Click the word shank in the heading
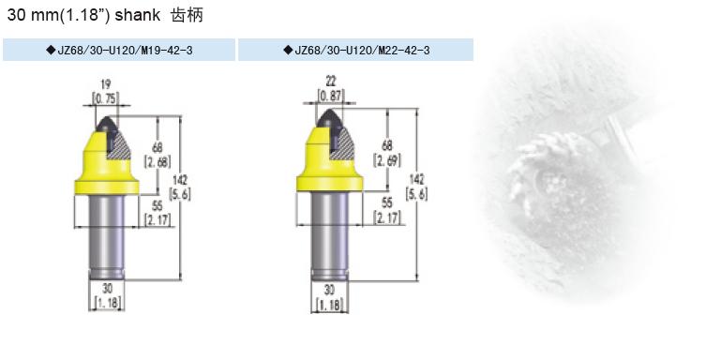[137, 15]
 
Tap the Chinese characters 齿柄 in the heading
[187, 15]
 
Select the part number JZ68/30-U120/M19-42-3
[125, 50]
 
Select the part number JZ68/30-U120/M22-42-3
[362, 50]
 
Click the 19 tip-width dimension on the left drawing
[106, 84]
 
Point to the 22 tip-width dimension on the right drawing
[331, 81]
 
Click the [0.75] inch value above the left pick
[106, 98]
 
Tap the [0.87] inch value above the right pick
[331, 96]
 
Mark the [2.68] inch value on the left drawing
[158, 161]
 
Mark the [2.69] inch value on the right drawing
[387, 159]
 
